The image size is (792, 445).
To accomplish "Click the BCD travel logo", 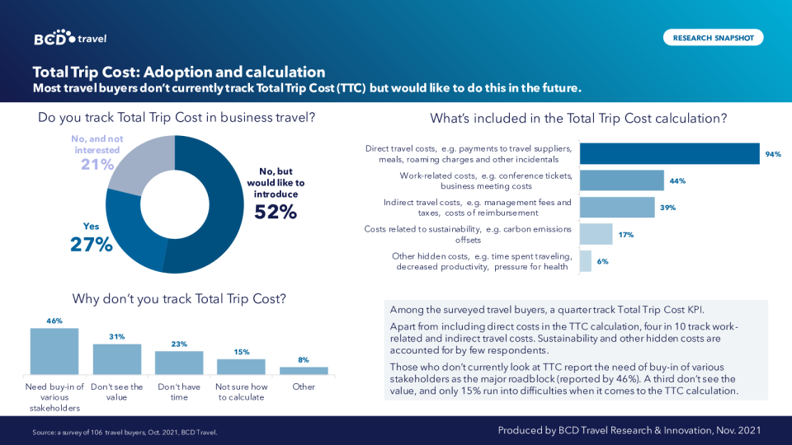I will tap(70, 38).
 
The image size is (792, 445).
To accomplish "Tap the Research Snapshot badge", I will tap(713, 37).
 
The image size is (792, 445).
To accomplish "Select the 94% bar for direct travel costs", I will tap(669, 154).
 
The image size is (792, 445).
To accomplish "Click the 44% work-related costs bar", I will tap(621, 180).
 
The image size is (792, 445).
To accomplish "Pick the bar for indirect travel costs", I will tap(617, 207).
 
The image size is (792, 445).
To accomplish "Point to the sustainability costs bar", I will tap(596, 234).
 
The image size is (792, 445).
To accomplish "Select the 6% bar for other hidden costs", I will tap(586, 261).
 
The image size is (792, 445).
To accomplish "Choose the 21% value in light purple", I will tap(97, 164).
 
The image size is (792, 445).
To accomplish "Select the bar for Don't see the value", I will tap(117, 359).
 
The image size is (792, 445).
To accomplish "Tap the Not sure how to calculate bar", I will tap(241, 367).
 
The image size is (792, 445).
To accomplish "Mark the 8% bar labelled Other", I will tap(304, 371).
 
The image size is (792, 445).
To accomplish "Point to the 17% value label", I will tap(625, 235).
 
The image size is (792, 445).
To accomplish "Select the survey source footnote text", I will tap(125, 432).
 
